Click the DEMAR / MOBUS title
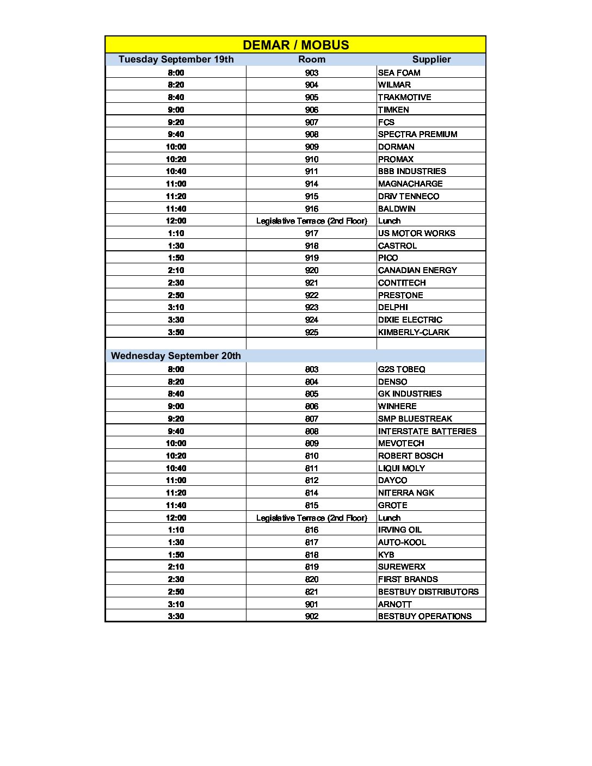tap(295, 45)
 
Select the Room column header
tap(312, 59)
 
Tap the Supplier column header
tap(431, 59)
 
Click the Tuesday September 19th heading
tap(176, 59)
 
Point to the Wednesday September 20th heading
tap(176, 356)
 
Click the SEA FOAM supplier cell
tap(399, 72)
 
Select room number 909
tap(312, 147)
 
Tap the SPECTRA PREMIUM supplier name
tap(417, 134)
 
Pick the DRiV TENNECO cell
tap(409, 196)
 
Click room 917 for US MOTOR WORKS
tap(312, 233)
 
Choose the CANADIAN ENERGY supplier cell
tap(417, 270)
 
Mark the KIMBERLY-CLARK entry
tap(414, 332)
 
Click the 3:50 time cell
tap(176, 332)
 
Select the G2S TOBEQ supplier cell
tap(402, 369)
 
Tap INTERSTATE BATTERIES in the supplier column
tap(427, 431)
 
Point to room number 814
tap(312, 493)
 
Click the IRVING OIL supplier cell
tap(400, 530)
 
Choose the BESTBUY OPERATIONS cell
tap(424, 616)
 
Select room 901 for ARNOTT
tap(312, 604)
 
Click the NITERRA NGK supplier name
tap(406, 493)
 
